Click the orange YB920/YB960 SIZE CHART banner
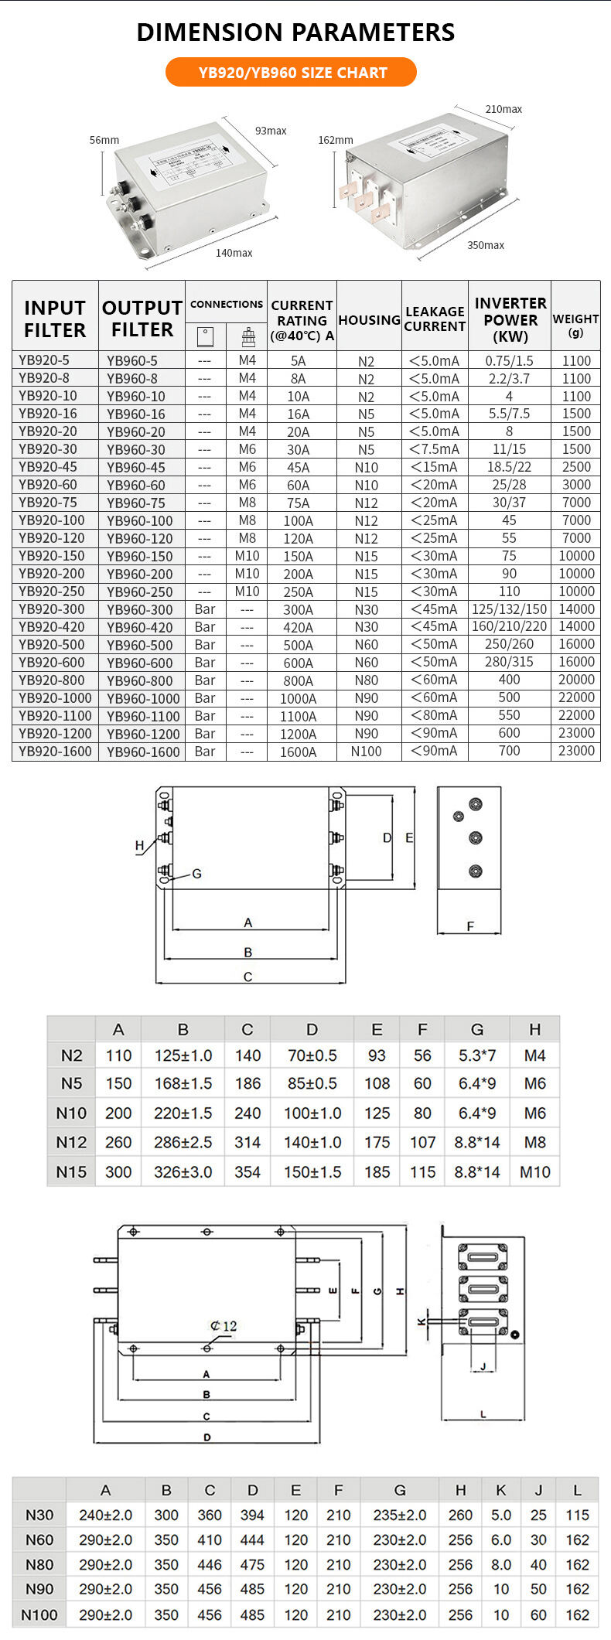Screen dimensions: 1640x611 coord(292,73)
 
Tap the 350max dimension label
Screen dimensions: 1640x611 coord(485,245)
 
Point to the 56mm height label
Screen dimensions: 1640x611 coord(104,140)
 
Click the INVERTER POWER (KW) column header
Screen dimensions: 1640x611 coord(510,319)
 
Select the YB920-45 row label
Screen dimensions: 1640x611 coord(47,467)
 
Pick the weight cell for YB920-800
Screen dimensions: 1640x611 coord(576,680)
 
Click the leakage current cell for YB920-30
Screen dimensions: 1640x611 coord(434,449)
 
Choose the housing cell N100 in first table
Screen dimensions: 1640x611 coord(366,752)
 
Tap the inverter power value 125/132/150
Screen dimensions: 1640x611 coord(509,609)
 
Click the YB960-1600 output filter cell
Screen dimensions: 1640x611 coord(143,752)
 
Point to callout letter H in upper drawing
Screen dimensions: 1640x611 coord(139,845)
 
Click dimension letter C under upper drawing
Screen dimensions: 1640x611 coord(247,977)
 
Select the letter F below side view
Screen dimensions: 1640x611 coord(469,926)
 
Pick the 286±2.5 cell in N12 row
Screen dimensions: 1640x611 coord(183,1142)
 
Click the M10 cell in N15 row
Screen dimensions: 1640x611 coord(534,1171)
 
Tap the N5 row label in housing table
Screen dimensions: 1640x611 coord(71,1083)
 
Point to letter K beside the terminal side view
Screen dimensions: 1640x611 coord(422,1321)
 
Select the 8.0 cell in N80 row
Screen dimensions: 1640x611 coord(500,1564)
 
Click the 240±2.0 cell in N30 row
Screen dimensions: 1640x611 coord(105,1515)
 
